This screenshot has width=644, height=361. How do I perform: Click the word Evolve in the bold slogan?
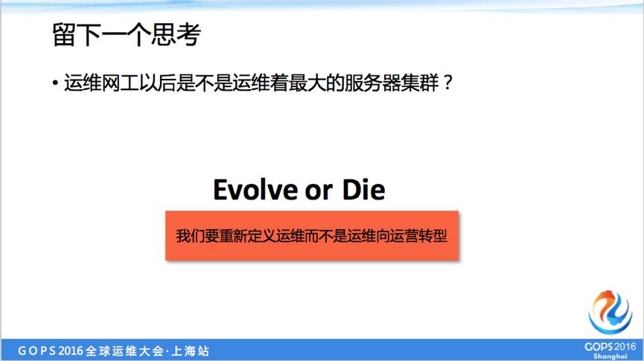coord(253,190)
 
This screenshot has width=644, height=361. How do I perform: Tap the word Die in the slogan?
coord(363,190)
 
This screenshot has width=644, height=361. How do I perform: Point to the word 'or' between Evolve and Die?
coord(318,191)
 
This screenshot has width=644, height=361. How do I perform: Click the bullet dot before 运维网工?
coord(55,83)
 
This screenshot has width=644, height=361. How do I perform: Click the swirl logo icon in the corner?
coord(610,311)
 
